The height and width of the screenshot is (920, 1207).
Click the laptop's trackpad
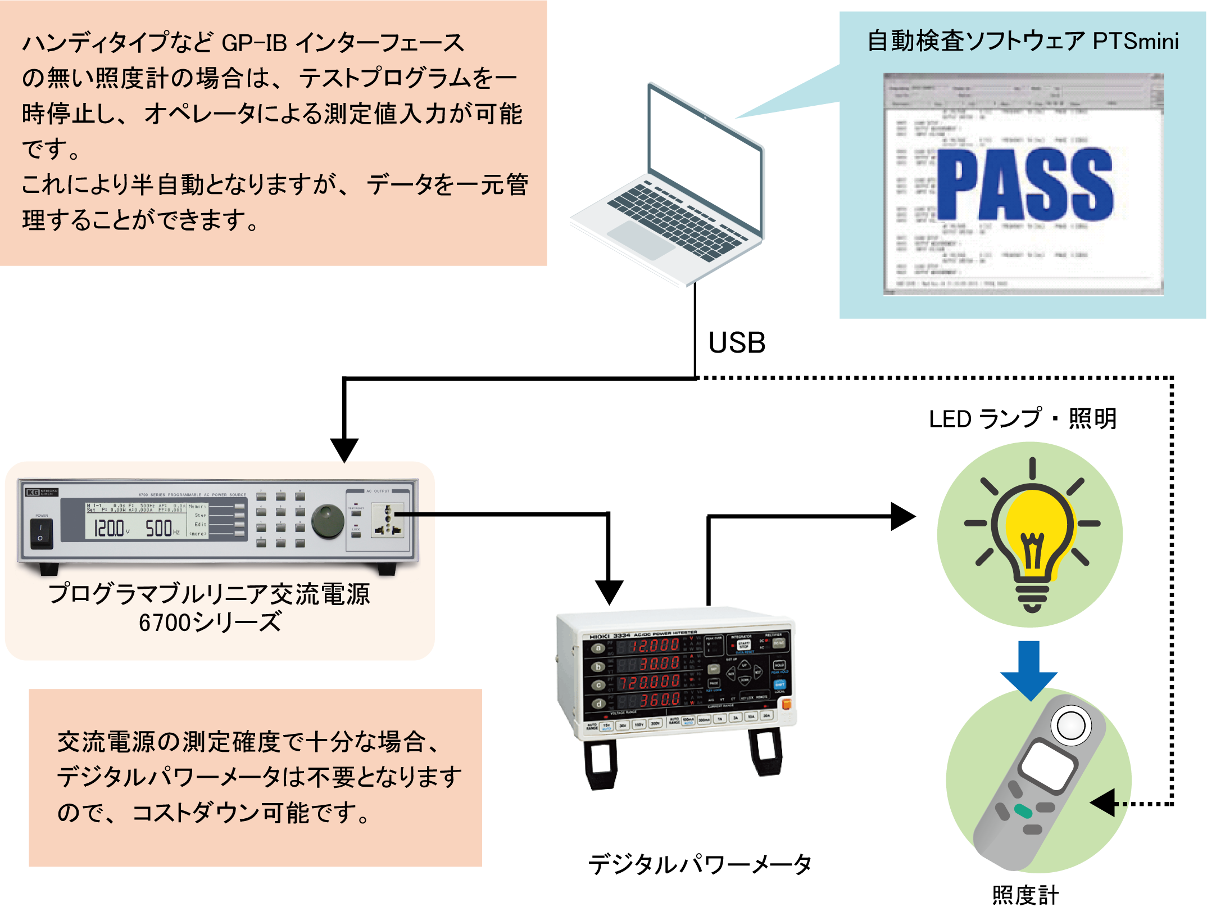tap(641, 238)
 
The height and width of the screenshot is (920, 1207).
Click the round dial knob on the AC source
tap(328, 521)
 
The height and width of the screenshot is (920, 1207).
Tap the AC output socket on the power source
tap(388, 521)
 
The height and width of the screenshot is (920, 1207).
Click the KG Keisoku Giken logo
tap(41, 492)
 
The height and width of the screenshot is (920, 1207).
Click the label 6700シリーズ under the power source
tap(210, 623)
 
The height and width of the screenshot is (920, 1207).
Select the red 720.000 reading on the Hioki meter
tap(650, 682)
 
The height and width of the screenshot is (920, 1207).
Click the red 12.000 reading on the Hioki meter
tap(655, 646)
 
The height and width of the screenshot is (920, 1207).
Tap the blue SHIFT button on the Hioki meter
tap(780, 684)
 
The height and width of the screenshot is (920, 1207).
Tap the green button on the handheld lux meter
tap(1023, 811)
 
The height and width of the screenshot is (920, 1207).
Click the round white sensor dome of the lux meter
tap(1071, 725)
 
